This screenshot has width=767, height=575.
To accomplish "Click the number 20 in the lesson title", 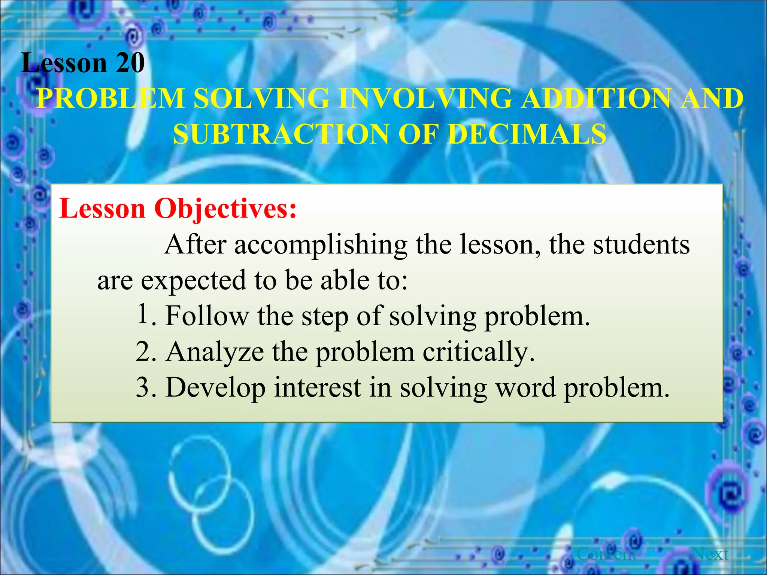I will tap(130, 63).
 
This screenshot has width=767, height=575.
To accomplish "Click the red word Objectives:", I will tap(225, 209).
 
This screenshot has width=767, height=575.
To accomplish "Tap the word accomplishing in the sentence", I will tap(321, 245).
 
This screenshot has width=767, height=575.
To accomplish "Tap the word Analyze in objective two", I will tap(215, 352).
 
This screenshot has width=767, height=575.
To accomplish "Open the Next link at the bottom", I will tap(710, 554).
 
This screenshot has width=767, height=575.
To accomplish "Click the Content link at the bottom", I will tap(607, 554).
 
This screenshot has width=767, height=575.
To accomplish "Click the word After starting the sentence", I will tap(195, 245).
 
